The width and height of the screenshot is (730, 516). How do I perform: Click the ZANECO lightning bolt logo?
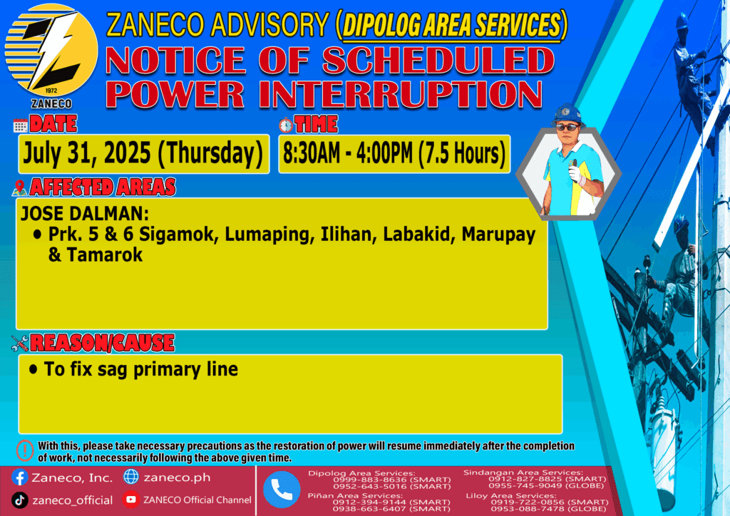[x=51, y=51]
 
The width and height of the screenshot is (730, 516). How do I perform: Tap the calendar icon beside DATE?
[x=21, y=125]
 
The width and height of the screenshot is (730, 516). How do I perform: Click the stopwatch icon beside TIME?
[x=286, y=125]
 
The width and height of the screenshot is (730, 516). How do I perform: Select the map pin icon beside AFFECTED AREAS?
[x=19, y=187]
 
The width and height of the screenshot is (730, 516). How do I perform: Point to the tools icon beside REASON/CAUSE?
[x=20, y=343]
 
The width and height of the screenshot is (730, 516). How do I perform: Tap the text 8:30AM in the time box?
[x=312, y=153]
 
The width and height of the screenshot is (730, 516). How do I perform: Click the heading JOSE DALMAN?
[x=85, y=214]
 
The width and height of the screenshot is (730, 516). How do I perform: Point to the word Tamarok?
[x=105, y=255]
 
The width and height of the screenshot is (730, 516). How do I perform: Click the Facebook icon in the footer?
[x=19, y=478]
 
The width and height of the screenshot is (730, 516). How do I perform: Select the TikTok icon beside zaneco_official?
[x=19, y=500]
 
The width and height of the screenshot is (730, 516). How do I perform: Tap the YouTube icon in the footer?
[x=131, y=500]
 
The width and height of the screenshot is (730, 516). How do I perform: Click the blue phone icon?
[x=282, y=490]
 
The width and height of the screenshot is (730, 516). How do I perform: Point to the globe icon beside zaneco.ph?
[x=131, y=477]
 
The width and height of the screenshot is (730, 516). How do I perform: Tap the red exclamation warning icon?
[x=25, y=450]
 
